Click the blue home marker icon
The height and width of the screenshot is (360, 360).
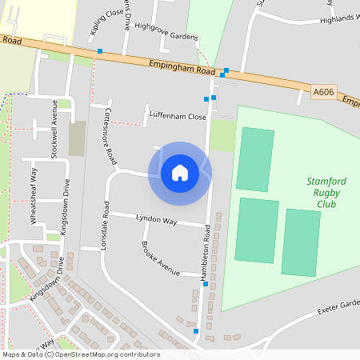click(179, 173)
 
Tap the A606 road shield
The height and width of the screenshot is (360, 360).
click(322, 93)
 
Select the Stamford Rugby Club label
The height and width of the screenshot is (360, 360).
click(326, 193)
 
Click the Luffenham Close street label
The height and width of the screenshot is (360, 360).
click(177, 116)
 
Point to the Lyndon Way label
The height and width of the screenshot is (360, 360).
click(156, 219)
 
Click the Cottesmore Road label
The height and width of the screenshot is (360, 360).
click(110, 132)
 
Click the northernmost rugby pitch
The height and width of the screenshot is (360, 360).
click(255, 158)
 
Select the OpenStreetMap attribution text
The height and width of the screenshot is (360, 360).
click(80, 354)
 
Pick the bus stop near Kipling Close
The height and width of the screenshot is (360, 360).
click(99, 51)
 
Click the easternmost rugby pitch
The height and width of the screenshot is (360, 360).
click(302, 242)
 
